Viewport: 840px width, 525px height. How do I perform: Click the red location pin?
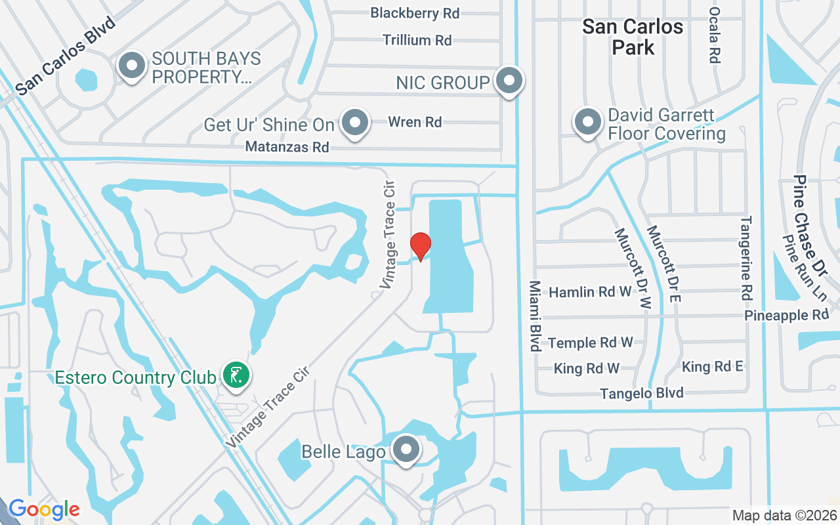421,247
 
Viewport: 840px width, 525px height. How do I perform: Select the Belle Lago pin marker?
406,450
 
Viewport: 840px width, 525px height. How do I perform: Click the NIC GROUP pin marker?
509,81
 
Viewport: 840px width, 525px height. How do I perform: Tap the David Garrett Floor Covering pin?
588,122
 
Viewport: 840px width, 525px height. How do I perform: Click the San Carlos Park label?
633,37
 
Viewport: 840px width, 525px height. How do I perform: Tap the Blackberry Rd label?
415,12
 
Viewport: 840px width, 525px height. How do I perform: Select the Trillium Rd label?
417,40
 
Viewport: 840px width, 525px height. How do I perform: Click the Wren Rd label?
415,121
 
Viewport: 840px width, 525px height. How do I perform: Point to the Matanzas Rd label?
287,147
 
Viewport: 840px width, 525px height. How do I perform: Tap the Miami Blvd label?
535,316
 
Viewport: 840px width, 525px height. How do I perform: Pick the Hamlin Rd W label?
590,291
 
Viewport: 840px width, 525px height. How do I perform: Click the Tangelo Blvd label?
642,393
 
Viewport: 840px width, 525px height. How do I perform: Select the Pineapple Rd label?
786,315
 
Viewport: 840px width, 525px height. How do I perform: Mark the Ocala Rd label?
715,35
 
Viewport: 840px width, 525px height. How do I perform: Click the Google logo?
44,509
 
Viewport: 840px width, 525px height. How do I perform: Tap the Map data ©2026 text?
784,515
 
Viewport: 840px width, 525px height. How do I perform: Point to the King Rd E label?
712,366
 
